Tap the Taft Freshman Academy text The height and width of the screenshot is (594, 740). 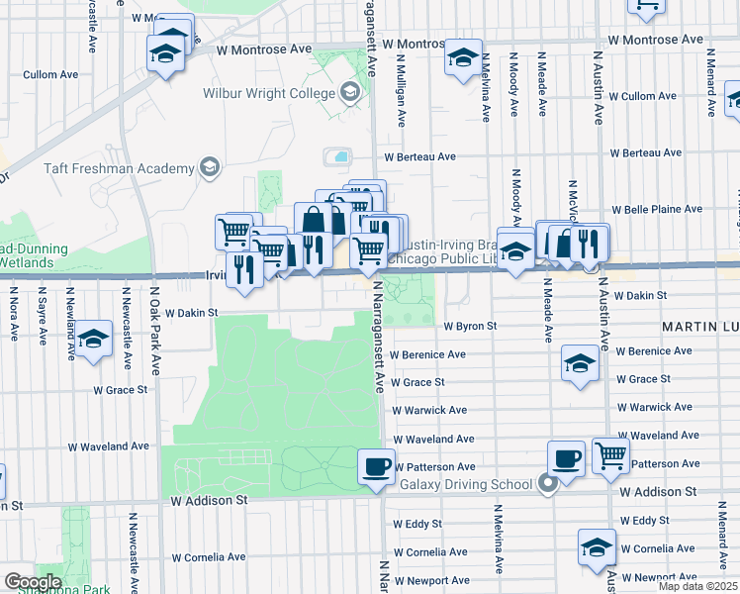119,168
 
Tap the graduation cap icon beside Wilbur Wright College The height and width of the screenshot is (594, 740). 348,94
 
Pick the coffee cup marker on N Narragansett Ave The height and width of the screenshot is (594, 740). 375,464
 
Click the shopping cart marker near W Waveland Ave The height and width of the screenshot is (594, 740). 611,454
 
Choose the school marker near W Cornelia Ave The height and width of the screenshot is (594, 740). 598,545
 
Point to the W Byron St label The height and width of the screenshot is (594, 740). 469,326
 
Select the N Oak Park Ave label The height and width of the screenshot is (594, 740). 155,316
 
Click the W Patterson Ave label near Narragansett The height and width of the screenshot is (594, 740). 435,466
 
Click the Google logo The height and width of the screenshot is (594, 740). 33,582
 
